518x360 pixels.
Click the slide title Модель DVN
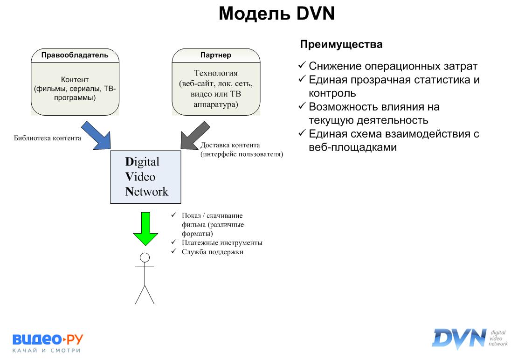277,14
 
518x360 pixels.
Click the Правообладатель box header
75,55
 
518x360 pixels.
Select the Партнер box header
215,55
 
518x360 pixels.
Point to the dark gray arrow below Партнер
194,135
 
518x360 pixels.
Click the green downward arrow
145,228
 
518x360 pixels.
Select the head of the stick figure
145,257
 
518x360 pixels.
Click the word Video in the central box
140,177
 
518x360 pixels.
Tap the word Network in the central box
146,191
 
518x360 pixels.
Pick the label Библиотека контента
48,138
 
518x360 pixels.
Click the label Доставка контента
230,145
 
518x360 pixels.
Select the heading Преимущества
341,45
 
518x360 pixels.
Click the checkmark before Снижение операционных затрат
302,66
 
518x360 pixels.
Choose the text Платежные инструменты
222,242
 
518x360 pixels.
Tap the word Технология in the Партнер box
215,73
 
